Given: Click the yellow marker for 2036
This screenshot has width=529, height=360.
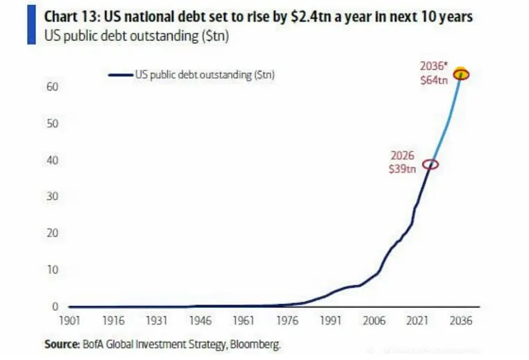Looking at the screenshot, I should pyautogui.click(x=460, y=74).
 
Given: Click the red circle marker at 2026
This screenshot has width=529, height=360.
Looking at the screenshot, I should pyautogui.click(x=431, y=164).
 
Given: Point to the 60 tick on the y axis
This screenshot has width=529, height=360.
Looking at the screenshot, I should pyautogui.click(x=52, y=87).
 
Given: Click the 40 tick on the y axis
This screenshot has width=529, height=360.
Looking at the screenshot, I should pyautogui.click(x=52, y=160).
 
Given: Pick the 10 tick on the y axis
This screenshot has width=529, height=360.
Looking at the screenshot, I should pyautogui.click(x=52, y=270).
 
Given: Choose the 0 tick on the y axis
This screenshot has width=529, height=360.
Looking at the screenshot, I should pyautogui.click(x=54, y=307).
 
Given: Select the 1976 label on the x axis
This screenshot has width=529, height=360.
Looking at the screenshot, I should pyautogui.click(x=287, y=322).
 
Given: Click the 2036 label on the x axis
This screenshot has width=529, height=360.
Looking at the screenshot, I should pyautogui.click(x=461, y=322).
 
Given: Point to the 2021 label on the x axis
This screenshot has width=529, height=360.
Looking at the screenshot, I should pyautogui.click(x=417, y=322).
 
